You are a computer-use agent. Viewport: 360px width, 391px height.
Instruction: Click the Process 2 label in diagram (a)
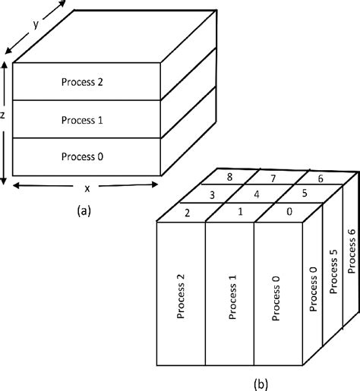tap(84, 82)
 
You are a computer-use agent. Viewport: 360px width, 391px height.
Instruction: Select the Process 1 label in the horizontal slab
tap(84, 120)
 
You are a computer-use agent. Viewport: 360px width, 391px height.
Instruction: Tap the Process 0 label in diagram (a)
tap(84, 156)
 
